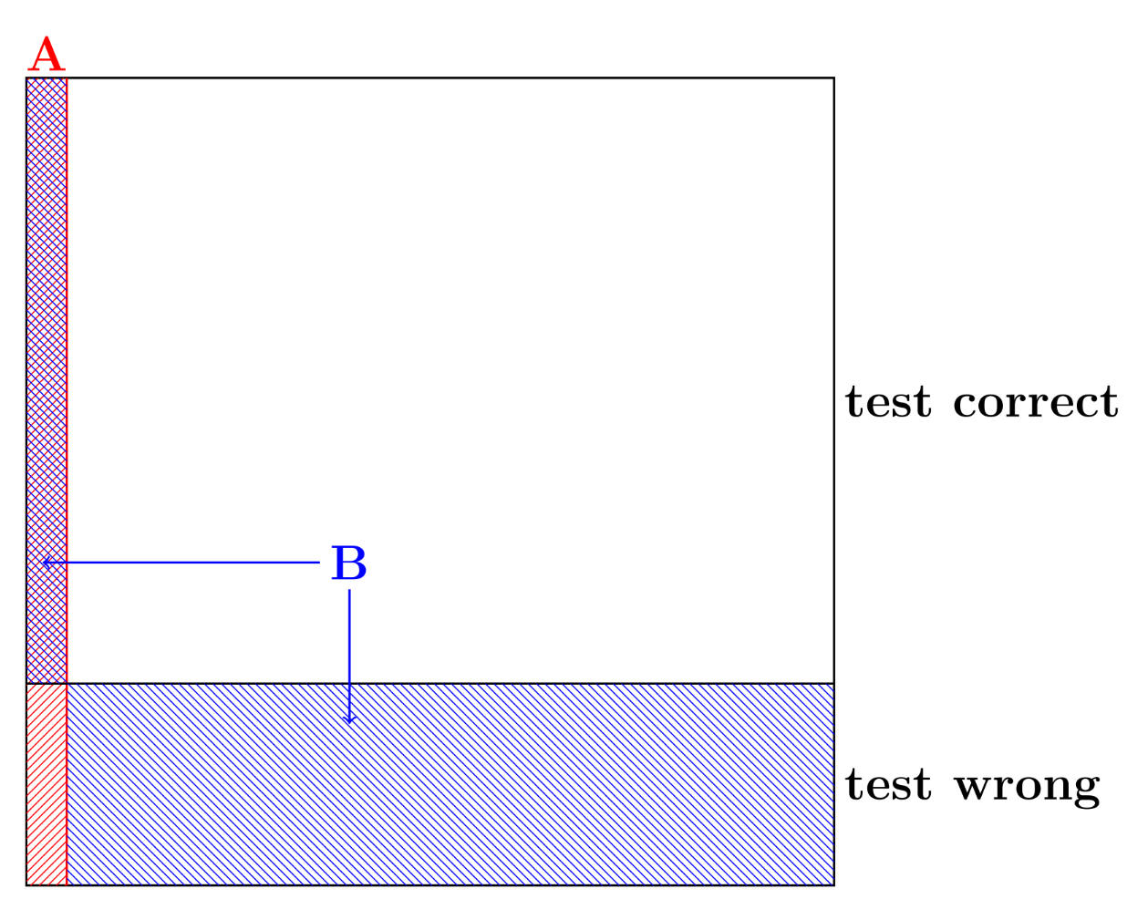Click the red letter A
point(47,56)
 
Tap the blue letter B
point(348,563)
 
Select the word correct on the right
point(1035,402)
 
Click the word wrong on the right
point(1027,786)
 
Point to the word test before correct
point(888,402)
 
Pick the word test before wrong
point(888,785)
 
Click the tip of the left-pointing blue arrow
point(43,563)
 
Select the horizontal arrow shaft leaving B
point(182,563)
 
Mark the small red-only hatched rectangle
point(47,784)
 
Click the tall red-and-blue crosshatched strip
point(47,365)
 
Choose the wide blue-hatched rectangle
point(450,784)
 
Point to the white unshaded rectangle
point(450,319)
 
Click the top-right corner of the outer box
point(833,78)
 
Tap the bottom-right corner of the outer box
point(833,884)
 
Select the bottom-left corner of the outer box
point(26,884)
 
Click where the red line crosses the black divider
point(67,683)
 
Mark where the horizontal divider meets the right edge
point(833,683)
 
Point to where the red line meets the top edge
point(67,78)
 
